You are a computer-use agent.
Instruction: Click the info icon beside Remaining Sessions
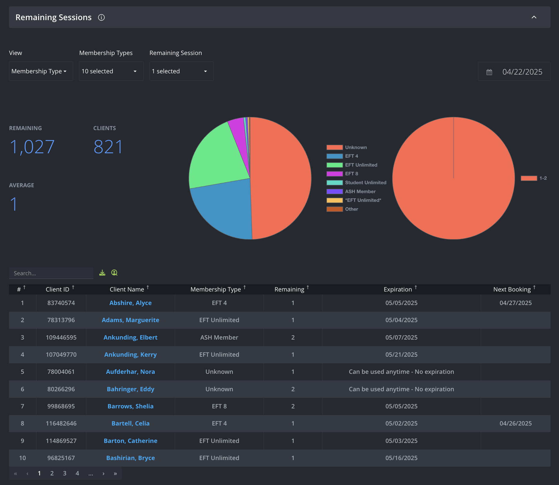click(x=101, y=17)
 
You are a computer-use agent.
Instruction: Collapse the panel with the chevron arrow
click(x=534, y=17)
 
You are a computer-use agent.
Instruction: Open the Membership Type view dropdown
click(x=41, y=71)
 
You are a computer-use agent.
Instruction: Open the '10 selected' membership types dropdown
click(x=111, y=71)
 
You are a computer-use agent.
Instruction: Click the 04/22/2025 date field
click(x=514, y=72)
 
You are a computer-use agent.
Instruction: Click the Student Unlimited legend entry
click(x=357, y=182)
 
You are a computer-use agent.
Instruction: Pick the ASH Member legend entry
click(x=351, y=191)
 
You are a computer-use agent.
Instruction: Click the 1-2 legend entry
click(x=534, y=178)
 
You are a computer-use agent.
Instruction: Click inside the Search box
click(x=51, y=273)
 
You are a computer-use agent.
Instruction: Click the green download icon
click(x=102, y=273)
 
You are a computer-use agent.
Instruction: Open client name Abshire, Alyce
click(x=131, y=303)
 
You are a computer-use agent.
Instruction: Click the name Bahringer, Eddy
click(x=131, y=389)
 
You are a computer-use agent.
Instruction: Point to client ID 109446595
click(x=61, y=337)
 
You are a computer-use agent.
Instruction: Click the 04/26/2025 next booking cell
click(x=516, y=423)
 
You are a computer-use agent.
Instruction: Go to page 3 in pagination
click(x=65, y=473)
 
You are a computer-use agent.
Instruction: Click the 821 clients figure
click(x=108, y=147)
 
